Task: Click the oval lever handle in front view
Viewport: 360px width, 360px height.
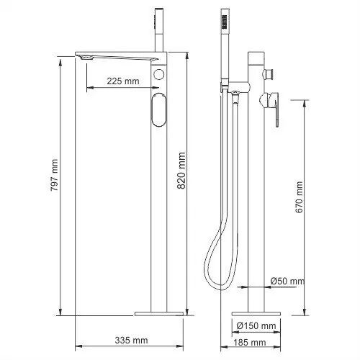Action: (160, 113)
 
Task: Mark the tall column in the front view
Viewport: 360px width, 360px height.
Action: (159, 216)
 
